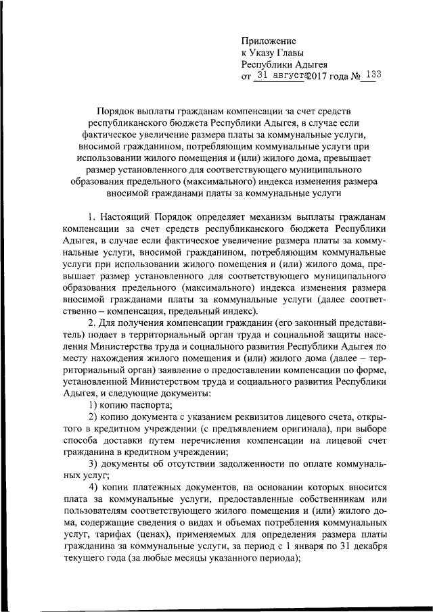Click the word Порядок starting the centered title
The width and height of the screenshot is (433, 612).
(x=118, y=110)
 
